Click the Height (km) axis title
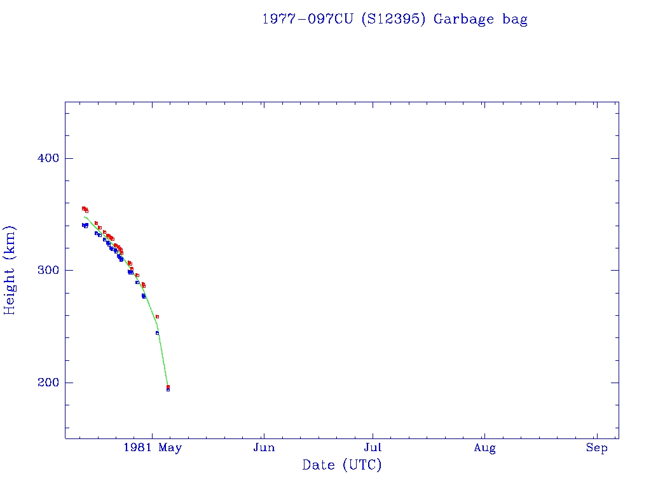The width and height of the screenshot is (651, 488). click(x=10, y=270)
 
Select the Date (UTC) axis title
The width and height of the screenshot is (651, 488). click(x=342, y=465)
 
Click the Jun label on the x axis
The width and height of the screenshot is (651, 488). click(x=263, y=448)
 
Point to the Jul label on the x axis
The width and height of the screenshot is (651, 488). click(x=373, y=448)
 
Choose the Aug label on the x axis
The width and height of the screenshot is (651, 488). click(x=484, y=448)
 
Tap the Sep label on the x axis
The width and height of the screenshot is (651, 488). click(x=596, y=448)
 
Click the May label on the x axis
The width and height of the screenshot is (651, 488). click(x=170, y=448)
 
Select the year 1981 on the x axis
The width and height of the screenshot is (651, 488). click(x=138, y=448)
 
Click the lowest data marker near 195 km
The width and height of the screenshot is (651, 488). click(x=168, y=389)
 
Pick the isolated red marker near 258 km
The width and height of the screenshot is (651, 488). click(x=157, y=316)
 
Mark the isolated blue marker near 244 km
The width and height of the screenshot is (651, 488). click(x=157, y=333)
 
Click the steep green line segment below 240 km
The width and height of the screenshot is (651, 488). click(x=163, y=359)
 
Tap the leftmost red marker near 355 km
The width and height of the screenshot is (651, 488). click(x=83, y=208)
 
